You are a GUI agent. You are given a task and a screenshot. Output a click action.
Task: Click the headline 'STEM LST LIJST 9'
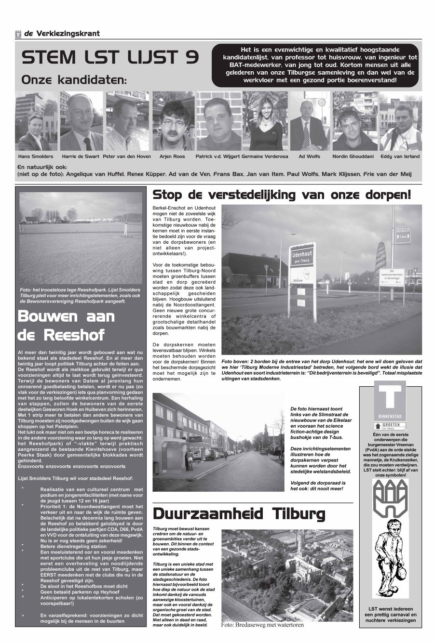coord(110,58)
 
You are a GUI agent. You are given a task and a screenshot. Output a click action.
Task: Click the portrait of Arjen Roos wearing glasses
coord(173,121)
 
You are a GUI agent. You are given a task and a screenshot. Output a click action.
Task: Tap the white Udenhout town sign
coord(302,263)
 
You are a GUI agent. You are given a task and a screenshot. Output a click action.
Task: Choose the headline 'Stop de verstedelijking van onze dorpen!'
coord(282,195)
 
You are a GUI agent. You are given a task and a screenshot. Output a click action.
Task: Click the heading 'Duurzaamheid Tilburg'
coord(239,514)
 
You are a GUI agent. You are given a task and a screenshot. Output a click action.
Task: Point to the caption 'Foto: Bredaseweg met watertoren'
coord(262,625)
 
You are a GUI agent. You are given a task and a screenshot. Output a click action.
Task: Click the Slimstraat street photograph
coord(218,442)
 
